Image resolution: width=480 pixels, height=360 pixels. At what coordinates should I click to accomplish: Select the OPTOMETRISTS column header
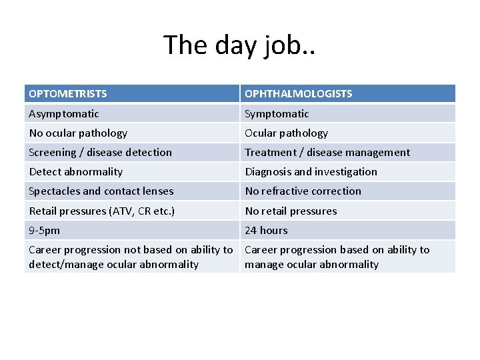point(68,94)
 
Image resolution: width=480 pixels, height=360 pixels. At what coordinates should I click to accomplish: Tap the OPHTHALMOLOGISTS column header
point(298,94)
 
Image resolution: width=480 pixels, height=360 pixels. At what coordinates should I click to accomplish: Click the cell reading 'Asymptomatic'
point(64,114)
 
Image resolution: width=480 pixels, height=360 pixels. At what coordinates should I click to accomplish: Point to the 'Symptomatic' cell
point(277,114)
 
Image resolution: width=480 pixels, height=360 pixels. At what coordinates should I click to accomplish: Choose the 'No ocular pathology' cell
point(78,133)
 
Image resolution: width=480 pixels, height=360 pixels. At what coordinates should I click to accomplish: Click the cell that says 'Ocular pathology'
point(286,133)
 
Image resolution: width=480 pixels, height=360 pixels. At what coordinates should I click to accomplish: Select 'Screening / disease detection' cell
point(100,153)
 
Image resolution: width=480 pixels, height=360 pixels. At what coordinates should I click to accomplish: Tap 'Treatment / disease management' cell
point(327,153)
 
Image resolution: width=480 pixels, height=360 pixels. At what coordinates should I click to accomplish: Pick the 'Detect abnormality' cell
point(75,172)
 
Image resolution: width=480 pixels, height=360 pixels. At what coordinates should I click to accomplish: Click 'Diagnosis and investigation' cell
point(311,172)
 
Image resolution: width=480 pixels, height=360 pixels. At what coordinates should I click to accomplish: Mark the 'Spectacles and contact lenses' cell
point(101,191)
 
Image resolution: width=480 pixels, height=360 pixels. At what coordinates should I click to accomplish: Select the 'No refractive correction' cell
point(303,191)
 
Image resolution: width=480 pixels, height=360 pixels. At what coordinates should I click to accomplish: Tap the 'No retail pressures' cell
point(291,211)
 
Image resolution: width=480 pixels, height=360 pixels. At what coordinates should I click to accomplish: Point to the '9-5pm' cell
point(44,231)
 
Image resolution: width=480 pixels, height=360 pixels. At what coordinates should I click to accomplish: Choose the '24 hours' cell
point(266,231)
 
